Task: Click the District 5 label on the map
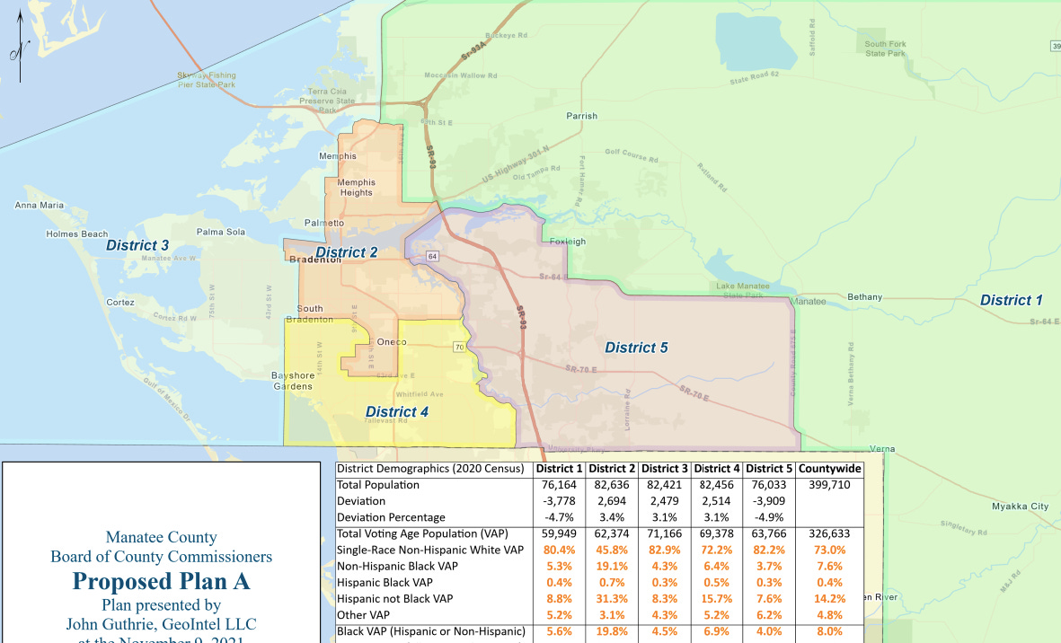pos(636,348)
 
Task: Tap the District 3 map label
pos(137,245)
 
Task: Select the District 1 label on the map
pos(1011,300)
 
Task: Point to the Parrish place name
pos(581,116)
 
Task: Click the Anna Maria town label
pos(40,206)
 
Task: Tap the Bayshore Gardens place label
pos(293,381)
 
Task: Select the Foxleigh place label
pos(567,242)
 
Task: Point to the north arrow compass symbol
pos(21,52)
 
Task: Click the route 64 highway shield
pos(433,257)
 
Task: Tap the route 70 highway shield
pos(459,348)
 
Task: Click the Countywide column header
pos(829,469)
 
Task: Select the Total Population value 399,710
pos(829,485)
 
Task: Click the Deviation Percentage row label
pos(391,517)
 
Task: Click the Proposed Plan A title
pos(162,581)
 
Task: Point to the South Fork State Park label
pos(885,48)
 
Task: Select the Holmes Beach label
pos(77,234)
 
